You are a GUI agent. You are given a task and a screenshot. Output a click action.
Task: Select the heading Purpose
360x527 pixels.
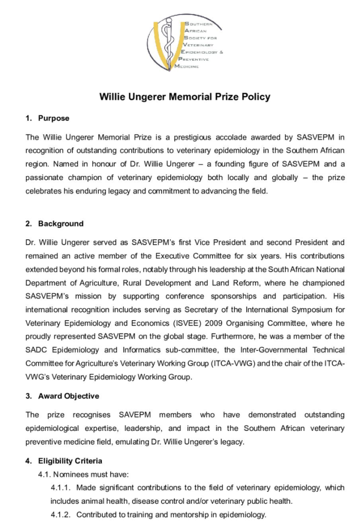53,118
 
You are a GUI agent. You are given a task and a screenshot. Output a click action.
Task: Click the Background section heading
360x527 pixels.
61,224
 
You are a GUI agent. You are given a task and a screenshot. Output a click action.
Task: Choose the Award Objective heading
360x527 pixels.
69,396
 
